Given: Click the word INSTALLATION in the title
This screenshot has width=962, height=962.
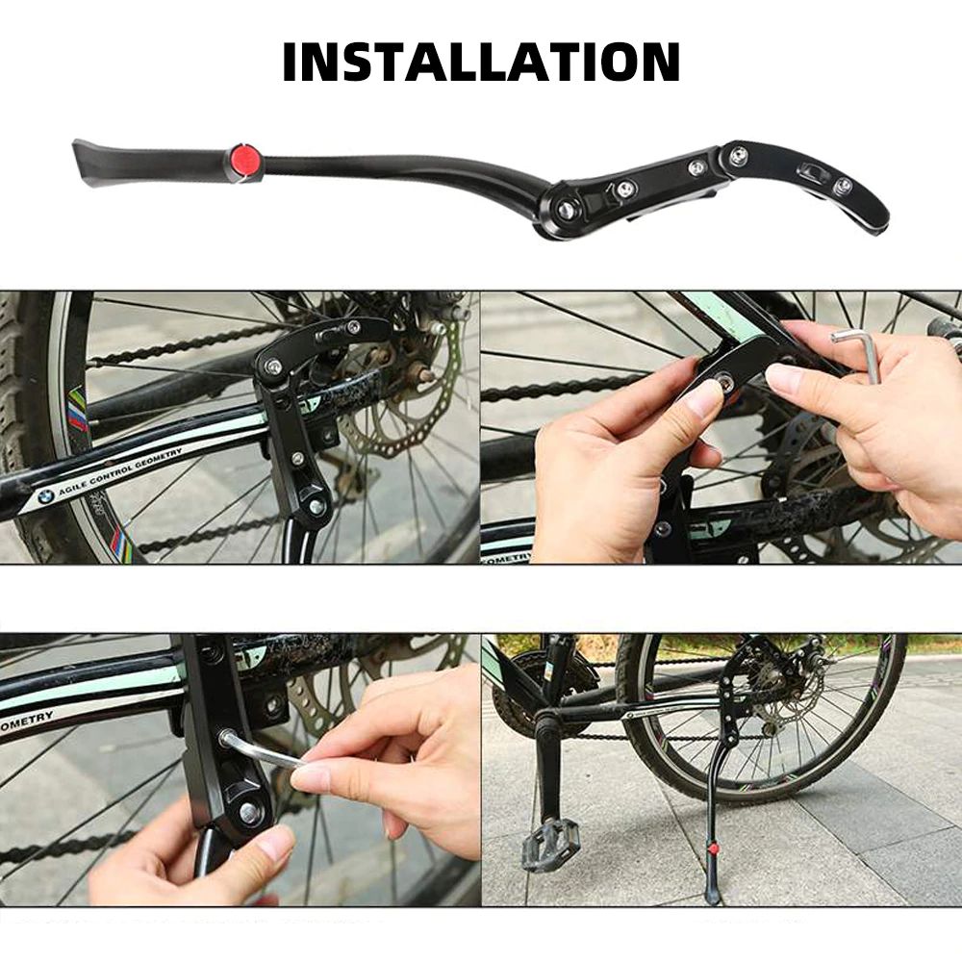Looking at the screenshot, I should pos(481,62).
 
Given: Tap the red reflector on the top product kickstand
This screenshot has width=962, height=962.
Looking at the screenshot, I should pos(242,160).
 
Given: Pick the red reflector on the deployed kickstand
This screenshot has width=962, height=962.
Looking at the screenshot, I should pos(712,850).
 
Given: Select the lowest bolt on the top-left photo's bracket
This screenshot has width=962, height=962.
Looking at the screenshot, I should pos(316,505).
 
